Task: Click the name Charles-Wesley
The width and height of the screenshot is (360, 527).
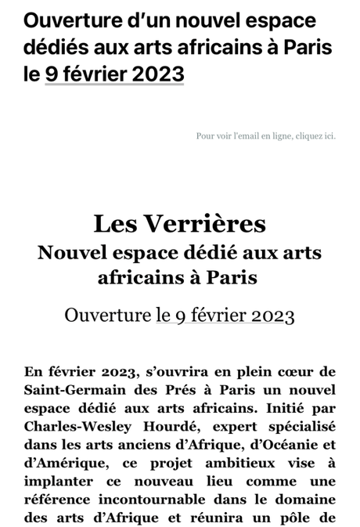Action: tap(75, 426)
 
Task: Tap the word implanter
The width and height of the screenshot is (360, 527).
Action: tap(57, 481)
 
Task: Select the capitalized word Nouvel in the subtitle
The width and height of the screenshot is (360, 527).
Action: tap(72, 253)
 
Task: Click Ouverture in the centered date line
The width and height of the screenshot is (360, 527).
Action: tap(106, 316)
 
